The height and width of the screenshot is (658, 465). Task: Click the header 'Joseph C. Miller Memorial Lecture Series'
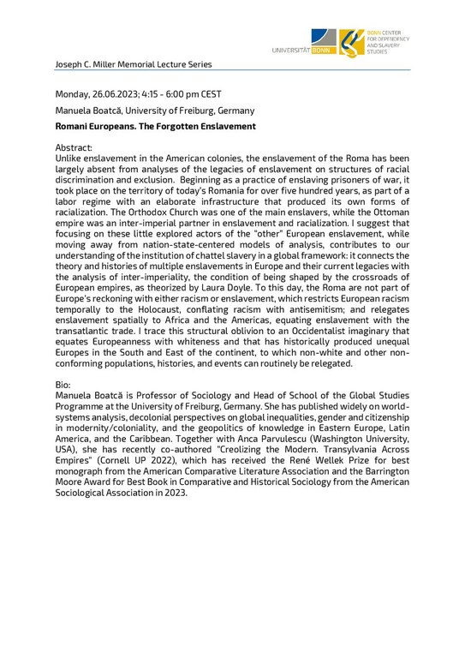pos(133,64)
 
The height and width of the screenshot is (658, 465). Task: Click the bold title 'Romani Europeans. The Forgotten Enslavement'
pos(155,126)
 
